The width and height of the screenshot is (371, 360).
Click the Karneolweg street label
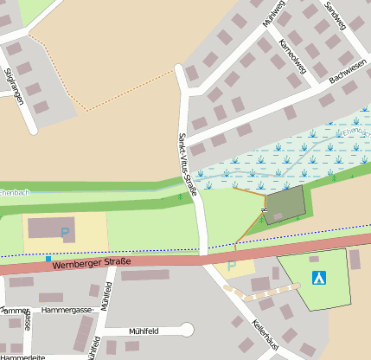[294, 56]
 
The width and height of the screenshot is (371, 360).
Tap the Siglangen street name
[13, 85]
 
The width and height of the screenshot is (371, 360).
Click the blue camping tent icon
[319, 278]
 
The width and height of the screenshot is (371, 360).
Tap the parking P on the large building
[65, 232]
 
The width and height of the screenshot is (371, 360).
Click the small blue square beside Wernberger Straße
[48, 259]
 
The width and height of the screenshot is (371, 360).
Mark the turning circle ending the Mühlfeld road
[186, 329]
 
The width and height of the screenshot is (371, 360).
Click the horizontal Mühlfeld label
[144, 330]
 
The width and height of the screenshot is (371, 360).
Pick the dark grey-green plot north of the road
[285, 205]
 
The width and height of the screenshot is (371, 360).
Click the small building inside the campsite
[313, 258]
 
